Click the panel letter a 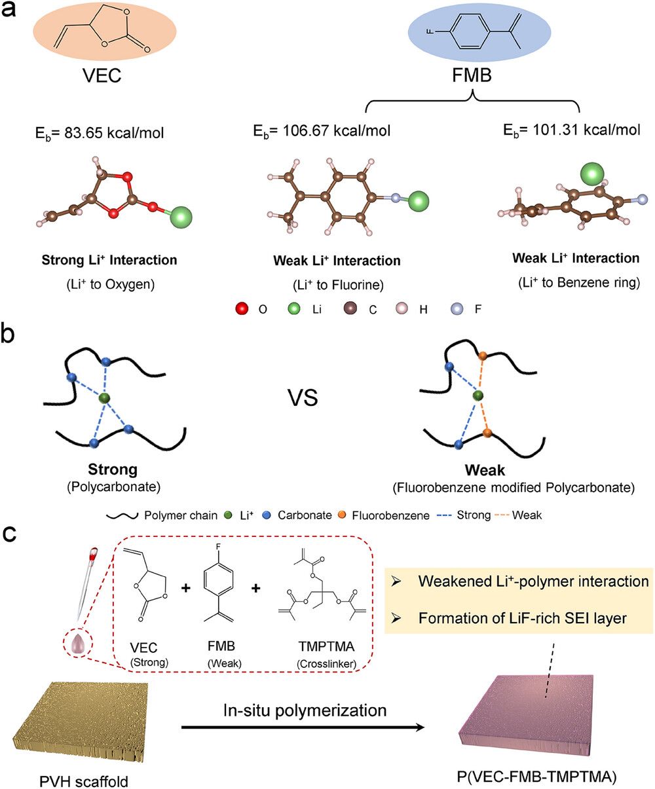(14, 14)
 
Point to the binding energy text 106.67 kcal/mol (322, 132)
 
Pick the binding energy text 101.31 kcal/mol (571, 130)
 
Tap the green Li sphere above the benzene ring (593, 175)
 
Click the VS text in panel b (302, 397)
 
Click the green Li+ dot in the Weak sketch (479, 395)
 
